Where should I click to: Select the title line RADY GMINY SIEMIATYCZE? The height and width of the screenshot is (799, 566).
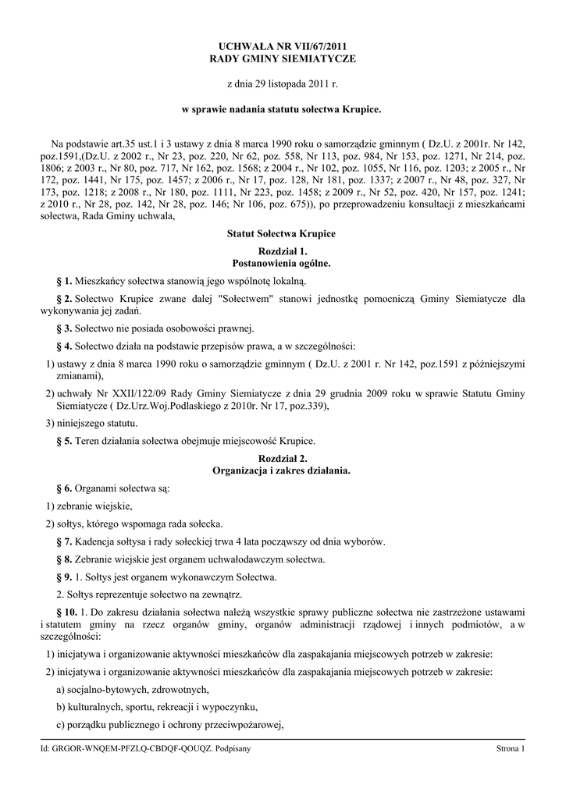click(283, 59)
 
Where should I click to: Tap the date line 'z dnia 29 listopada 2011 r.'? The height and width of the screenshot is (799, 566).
click(283, 83)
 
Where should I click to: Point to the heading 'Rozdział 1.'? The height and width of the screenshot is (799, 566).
click(283, 251)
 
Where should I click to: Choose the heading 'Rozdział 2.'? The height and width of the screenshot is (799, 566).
click(283, 459)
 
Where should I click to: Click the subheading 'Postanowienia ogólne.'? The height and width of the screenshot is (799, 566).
click(283, 263)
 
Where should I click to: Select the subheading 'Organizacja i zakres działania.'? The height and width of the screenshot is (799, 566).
click(283, 471)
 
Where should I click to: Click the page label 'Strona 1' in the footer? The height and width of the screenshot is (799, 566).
click(511, 749)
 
